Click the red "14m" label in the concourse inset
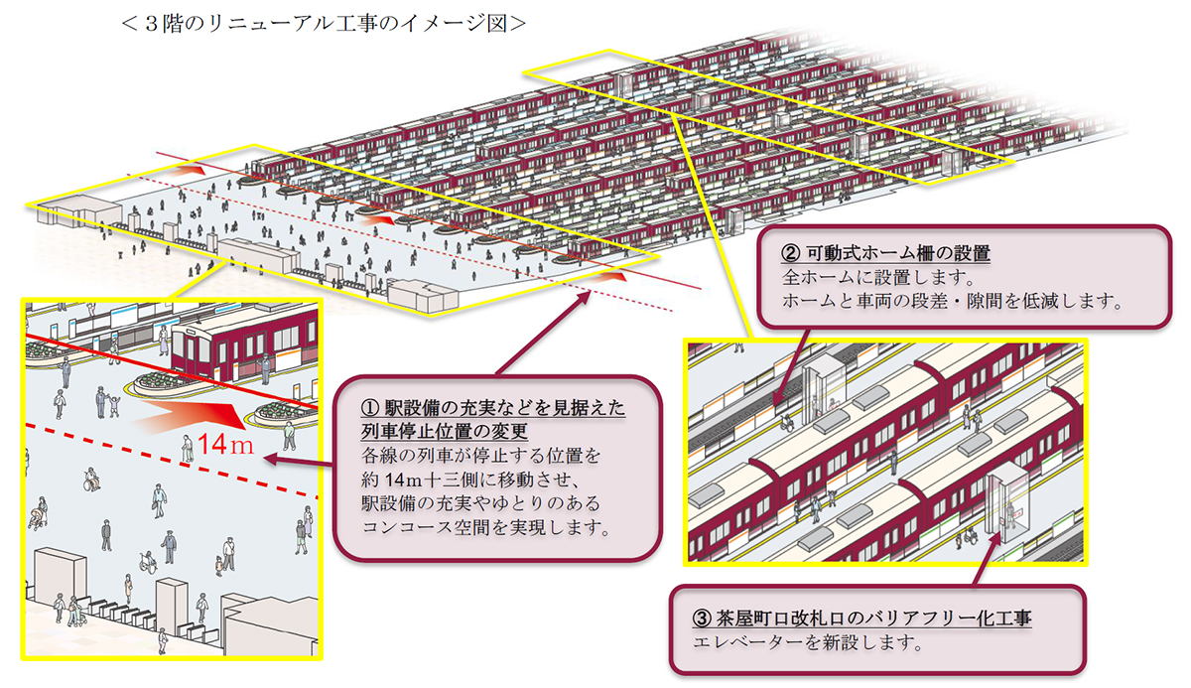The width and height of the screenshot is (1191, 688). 225,444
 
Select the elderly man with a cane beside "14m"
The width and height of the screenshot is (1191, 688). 188,449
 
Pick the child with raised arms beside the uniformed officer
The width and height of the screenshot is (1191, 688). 114,405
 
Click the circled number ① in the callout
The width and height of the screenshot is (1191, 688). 370,408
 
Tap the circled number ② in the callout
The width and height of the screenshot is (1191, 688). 791,253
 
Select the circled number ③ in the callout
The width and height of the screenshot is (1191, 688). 702,619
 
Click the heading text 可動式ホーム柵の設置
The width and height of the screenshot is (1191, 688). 898,253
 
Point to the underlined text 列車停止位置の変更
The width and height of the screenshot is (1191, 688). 445,431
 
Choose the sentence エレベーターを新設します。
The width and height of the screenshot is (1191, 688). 808,642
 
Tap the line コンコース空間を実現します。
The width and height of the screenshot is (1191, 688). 486,527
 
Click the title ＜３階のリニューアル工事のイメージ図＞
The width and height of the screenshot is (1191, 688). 324,24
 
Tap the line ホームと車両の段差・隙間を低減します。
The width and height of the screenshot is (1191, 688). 952,302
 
